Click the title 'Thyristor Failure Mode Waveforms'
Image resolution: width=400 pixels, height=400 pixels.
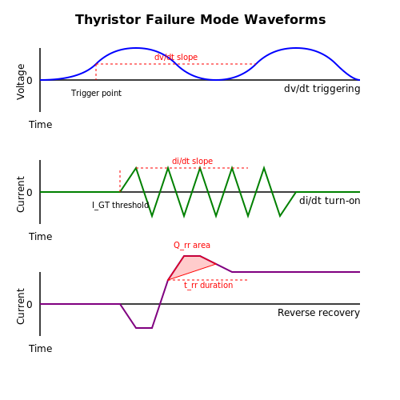(201, 20)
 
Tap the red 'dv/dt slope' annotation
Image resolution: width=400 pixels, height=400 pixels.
(176, 57)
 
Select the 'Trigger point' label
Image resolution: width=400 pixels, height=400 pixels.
(96, 93)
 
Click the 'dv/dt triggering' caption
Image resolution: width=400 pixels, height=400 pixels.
(322, 89)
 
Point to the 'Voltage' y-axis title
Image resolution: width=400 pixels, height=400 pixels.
(21, 82)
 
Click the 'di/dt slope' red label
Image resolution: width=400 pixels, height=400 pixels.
(192, 161)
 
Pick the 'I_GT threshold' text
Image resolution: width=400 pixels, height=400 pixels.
(120, 205)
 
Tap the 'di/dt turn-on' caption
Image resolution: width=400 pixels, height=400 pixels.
(330, 201)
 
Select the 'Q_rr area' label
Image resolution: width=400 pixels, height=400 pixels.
(192, 245)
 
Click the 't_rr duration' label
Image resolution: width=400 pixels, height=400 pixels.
(209, 285)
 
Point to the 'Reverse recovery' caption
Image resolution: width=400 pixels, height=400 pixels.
(318, 313)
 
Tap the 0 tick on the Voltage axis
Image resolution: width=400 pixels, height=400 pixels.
(30, 81)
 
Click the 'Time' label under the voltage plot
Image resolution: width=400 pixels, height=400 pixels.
(41, 125)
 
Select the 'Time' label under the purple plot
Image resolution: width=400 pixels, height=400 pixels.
(41, 349)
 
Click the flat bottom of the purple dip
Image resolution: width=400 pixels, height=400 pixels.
(144, 328)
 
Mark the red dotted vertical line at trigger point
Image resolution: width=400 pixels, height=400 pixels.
(96, 72)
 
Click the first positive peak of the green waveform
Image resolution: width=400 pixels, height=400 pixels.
(136, 168)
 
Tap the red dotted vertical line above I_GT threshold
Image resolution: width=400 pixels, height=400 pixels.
(120, 181)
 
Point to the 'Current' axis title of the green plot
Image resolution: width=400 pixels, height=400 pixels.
(21, 194)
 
